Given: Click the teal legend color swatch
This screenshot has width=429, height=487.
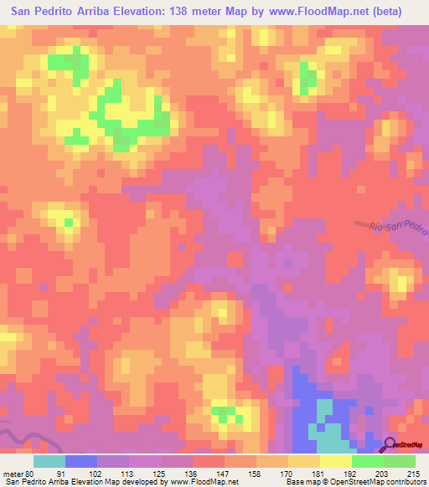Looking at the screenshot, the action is coord(49,460).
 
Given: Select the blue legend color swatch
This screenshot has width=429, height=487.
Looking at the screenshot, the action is coord(81,460).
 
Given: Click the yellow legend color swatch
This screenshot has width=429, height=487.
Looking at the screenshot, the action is coord(336,460).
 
